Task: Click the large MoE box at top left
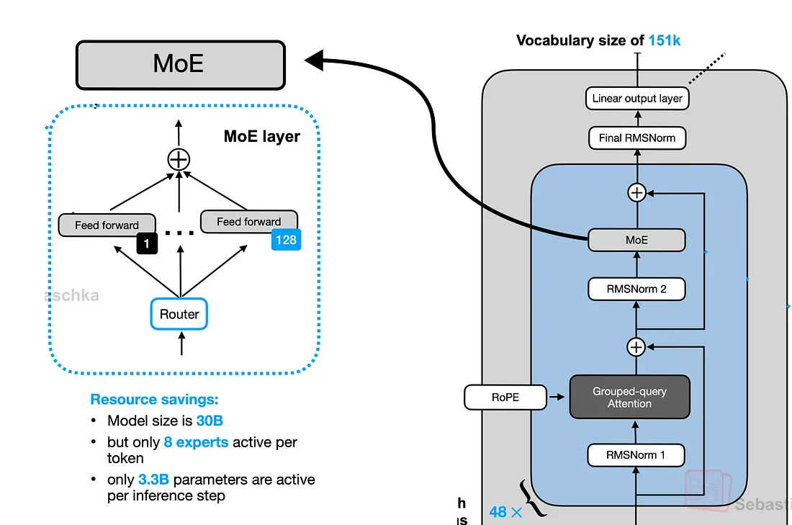click(x=180, y=65)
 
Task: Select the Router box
click(x=179, y=314)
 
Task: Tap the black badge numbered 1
click(x=146, y=244)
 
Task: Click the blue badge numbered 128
click(x=286, y=240)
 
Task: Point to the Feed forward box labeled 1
click(x=107, y=225)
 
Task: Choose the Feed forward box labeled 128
click(x=248, y=222)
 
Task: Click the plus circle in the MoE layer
click(x=179, y=160)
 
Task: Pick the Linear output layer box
click(x=637, y=99)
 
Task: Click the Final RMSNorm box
click(x=637, y=138)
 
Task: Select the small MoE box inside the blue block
click(x=636, y=240)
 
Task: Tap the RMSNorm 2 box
click(x=636, y=289)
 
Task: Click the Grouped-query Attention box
click(x=629, y=397)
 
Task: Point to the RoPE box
click(x=505, y=397)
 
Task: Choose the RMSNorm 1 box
click(x=636, y=455)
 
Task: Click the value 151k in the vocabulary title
click(x=664, y=40)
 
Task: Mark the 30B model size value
click(x=215, y=421)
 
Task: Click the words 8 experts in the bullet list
click(x=196, y=442)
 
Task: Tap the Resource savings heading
click(x=154, y=399)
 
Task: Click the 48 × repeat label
click(x=506, y=512)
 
